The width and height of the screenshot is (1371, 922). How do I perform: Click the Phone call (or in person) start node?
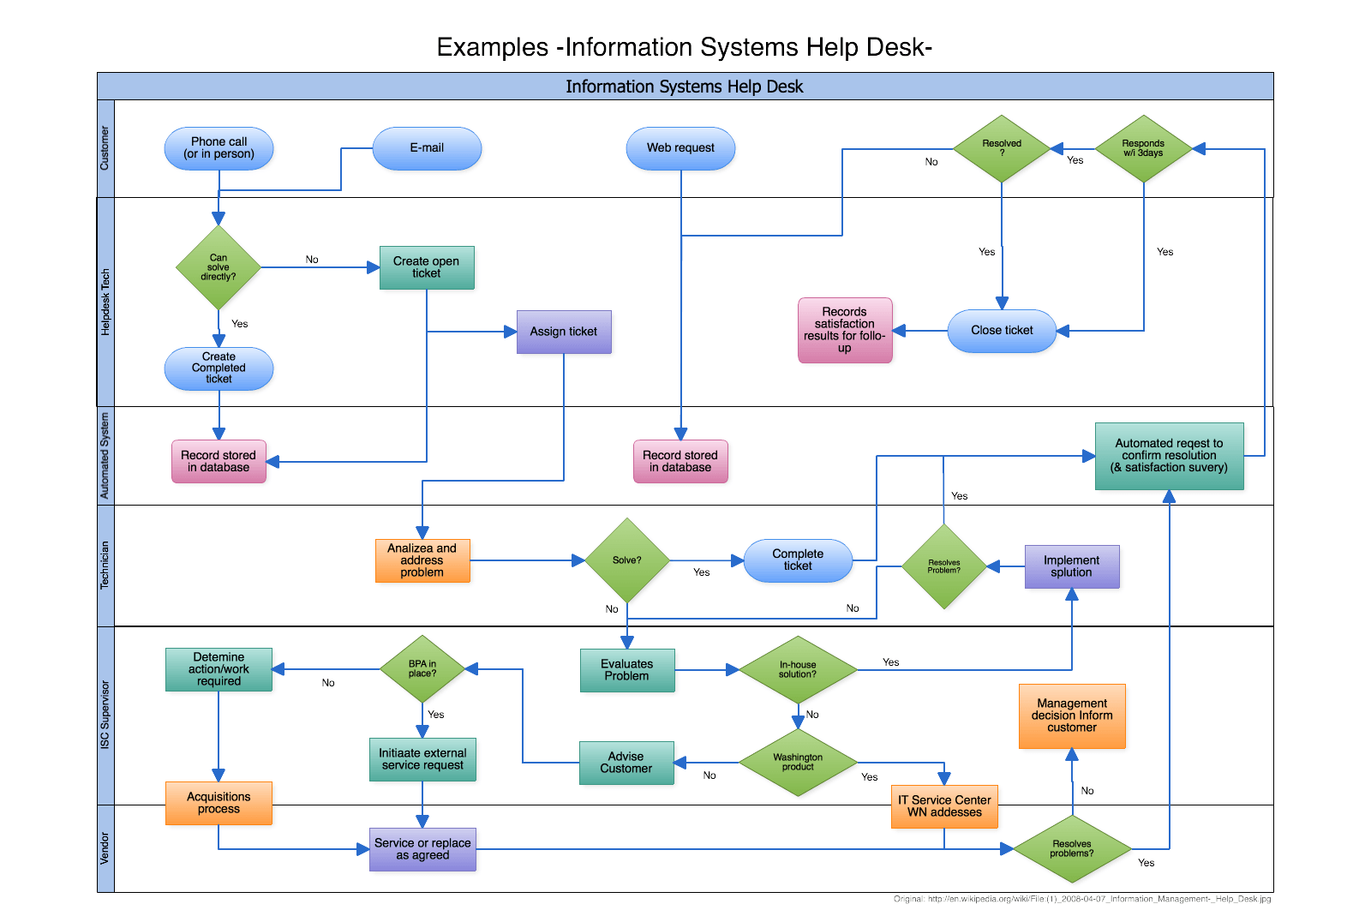(x=219, y=148)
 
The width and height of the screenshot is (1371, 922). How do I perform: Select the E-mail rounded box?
(x=427, y=148)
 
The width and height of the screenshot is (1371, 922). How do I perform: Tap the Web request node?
(x=680, y=148)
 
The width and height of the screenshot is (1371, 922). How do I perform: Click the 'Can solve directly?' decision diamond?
(x=219, y=267)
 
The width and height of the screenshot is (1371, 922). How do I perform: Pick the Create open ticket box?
(x=427, y=267)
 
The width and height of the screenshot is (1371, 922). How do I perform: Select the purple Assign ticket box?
(x=564, y=332)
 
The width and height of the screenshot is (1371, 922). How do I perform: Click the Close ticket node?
(x=1002, y=331)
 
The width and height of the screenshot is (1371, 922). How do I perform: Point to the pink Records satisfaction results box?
(x=845, y=330)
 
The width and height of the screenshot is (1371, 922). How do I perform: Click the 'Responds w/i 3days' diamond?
(x=1143, y=148)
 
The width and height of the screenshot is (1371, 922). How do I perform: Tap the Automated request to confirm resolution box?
(x=1169, y=456)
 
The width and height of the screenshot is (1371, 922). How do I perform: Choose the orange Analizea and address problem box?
(x=422, y=560)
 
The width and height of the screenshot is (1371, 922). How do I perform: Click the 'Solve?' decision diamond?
(x=627, y=560)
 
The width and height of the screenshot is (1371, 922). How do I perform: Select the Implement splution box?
(x=1071, y=566)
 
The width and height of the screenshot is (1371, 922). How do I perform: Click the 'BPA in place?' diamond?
(x=422, y=668)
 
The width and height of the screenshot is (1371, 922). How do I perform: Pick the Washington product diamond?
(x=798, y=762)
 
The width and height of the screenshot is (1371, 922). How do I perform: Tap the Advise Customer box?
(x=626, y=763)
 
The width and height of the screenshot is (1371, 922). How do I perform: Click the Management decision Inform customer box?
(x=1071, y=715)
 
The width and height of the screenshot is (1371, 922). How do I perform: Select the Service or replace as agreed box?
(x=422, y=849)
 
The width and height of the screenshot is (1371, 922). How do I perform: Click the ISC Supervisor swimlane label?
(x=105, y=715)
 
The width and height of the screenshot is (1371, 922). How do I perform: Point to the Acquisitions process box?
(x=219, y=803)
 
